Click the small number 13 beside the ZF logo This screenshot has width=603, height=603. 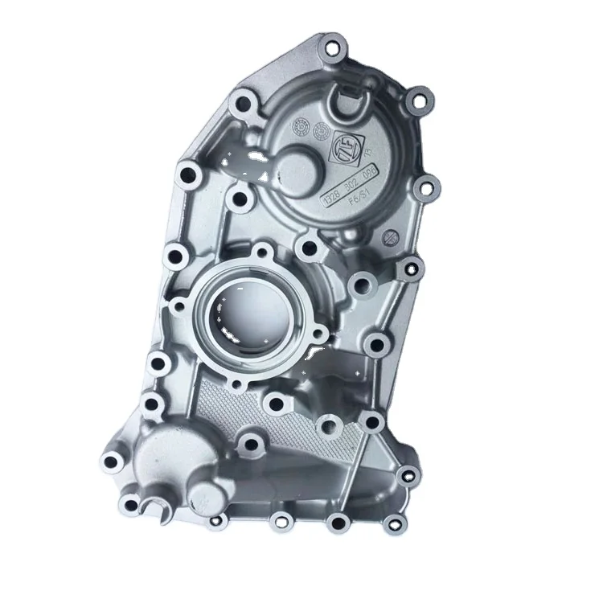click(x=368, y=154)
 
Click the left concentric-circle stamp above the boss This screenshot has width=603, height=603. click(x=300, y=125)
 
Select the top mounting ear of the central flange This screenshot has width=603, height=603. click(x=262, y=256)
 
